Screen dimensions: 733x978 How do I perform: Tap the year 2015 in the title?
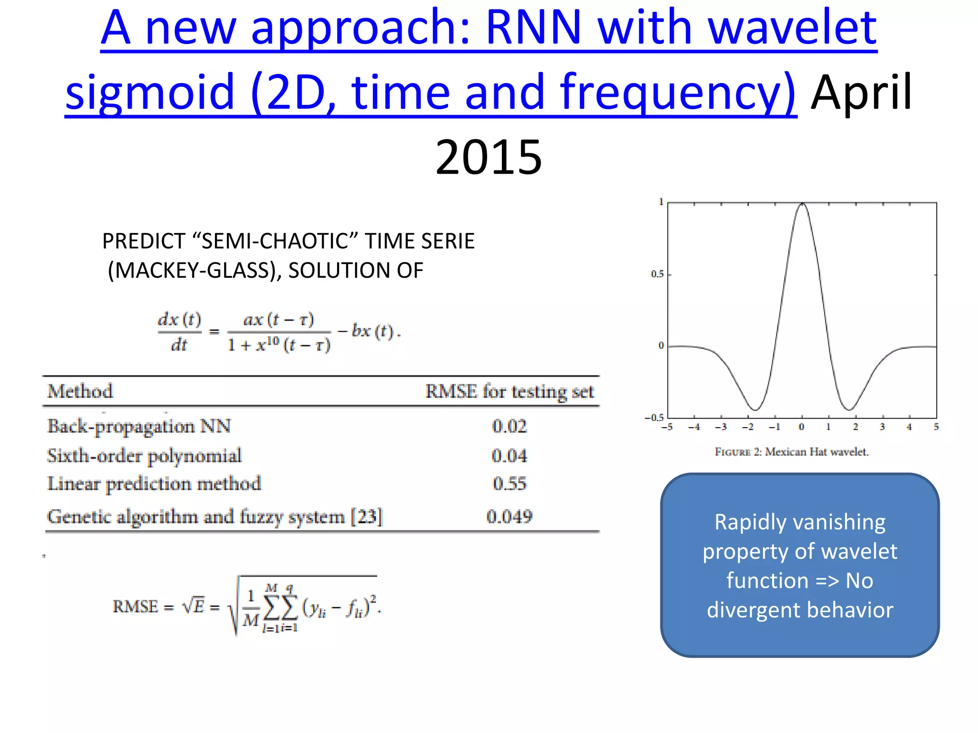tap(489, 157)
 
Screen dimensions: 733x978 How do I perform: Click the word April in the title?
tap(861, 92)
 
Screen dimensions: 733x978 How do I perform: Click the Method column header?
tap(80, 391)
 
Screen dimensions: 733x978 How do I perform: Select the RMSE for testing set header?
tap(509, 392)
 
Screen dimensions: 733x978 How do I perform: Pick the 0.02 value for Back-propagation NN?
tap(509, 426)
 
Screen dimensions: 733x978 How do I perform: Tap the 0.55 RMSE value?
tap(509, 483)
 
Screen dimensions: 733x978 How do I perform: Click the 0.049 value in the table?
tap(509, 516)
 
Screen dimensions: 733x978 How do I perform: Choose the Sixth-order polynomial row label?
tap(144, 456)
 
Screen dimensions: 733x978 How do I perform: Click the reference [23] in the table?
tap(367, 516)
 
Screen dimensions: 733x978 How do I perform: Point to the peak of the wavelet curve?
tap(802, 204)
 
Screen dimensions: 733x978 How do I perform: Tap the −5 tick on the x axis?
tap(667, 427)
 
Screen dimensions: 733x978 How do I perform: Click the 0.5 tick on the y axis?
tap(658, 274)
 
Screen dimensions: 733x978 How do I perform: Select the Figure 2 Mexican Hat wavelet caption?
tap(791, 452)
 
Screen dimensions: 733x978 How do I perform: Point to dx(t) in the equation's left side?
tap(180, 319)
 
